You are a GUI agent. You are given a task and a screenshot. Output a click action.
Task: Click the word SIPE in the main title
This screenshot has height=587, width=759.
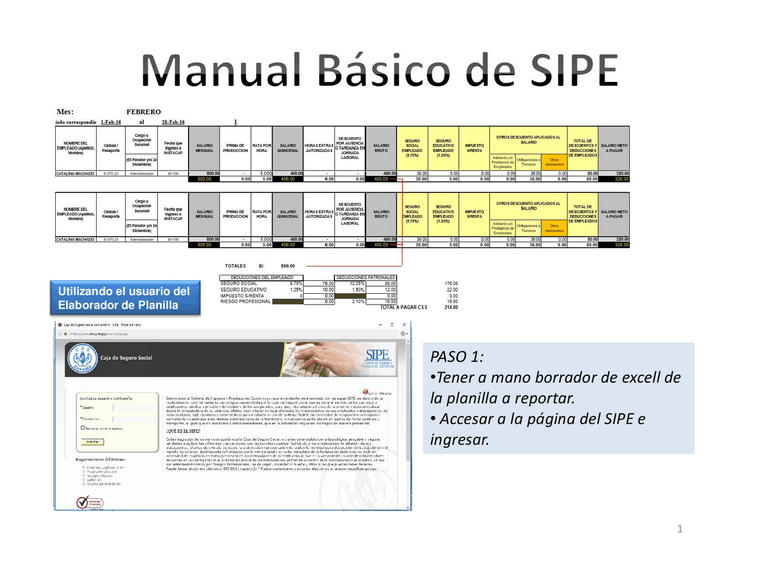[574, 71]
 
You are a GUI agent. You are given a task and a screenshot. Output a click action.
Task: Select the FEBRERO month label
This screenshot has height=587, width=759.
[143, 112]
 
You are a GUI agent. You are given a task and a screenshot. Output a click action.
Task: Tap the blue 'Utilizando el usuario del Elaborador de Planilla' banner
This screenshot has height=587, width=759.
[125, 298]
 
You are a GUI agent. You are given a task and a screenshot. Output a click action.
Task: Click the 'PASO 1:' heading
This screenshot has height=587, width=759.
[457, 357]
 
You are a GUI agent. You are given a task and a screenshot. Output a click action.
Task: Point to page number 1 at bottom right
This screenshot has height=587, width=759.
[680, 529]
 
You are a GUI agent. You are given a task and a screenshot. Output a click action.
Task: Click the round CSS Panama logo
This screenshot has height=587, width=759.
[82, 359]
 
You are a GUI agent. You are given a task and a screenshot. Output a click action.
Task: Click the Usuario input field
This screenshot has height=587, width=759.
[133, 408]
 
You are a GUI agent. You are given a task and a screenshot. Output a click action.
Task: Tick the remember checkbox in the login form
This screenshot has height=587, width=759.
[83, 427]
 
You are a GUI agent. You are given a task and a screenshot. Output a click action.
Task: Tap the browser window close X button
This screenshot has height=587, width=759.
[404, 325]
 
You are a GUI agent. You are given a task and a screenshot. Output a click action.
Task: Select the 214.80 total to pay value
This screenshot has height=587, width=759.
[451, 307]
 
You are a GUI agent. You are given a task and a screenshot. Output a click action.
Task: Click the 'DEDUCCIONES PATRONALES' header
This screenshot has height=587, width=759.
[365, 277]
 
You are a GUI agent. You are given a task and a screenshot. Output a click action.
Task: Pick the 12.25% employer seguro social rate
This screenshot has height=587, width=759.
[356, 284]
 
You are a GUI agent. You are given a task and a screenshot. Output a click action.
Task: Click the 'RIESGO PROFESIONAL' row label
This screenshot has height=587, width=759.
[245, 302]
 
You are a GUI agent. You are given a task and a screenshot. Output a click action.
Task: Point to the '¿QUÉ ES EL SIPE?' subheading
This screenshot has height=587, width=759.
[183, 431]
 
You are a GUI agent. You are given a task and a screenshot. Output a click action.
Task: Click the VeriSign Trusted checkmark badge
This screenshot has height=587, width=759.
[90, 502]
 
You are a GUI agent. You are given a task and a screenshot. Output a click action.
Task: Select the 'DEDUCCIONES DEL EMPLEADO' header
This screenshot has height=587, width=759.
[261, 277]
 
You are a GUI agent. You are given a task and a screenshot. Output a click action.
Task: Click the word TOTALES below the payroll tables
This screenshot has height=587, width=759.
[235, 266]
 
